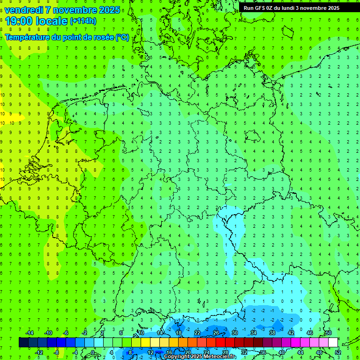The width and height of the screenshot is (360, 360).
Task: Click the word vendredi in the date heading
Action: (x=23, y=10)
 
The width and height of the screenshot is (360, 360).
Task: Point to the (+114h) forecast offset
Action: (x=83, y=21)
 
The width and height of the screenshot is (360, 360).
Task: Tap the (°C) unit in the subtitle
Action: (x=122, y=37)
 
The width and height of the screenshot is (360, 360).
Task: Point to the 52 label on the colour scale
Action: (x=337, y=352)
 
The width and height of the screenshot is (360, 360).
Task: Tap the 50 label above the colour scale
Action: (x=328, y=333)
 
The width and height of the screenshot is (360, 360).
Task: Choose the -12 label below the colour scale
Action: (x=39, y=352)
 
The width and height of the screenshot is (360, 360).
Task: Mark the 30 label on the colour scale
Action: (x=234, y=333)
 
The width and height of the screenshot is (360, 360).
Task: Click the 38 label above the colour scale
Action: (x=272, y=333)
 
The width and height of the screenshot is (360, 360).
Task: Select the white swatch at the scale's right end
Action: (x=333, y=343)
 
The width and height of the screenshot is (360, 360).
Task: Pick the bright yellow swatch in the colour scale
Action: (x=145, y=343)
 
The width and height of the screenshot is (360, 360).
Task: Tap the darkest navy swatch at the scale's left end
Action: (x=23, y=343)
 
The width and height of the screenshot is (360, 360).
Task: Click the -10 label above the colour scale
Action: (x=48, y=333)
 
